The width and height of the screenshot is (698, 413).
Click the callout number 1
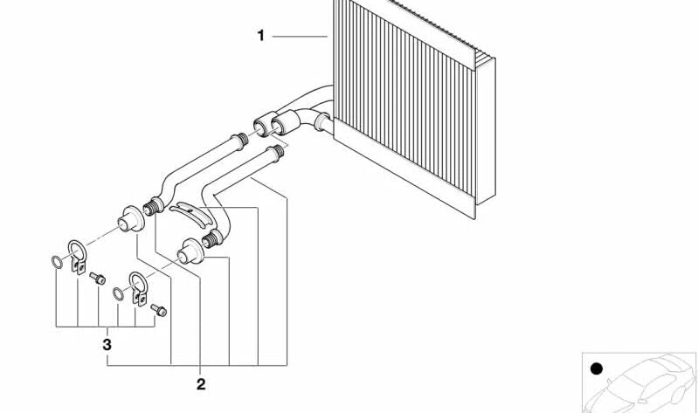(261, 36)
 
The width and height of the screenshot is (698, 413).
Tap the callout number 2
(201, 384)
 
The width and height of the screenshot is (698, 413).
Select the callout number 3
(107, 345)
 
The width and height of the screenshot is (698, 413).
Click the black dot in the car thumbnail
(596, 369)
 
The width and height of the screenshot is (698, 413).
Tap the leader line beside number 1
(300, 36)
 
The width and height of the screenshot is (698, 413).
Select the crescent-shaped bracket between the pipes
(191, 214)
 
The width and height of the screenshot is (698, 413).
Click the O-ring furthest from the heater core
(57, 262)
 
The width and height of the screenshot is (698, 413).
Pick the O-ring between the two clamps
(118, 293)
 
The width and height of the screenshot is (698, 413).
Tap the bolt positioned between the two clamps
(98, 279)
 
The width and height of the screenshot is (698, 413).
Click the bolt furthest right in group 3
(158, 310)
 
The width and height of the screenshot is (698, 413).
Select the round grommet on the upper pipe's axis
(131, 219)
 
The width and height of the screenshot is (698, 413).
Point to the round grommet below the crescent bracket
(190, 251)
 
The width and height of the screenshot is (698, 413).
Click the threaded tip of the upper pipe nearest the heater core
(239, 141)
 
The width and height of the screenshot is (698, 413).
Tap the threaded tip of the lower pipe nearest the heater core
(277, 152)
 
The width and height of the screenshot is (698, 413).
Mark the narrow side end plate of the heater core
(486, 130)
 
